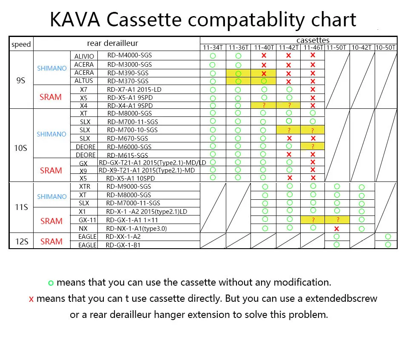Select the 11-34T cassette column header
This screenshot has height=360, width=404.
213,47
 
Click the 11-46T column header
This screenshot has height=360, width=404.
313,47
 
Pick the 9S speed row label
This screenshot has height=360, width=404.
21,80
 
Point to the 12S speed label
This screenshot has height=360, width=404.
21,241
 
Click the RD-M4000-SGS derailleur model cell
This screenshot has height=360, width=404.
129,56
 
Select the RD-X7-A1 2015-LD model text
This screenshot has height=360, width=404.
134,89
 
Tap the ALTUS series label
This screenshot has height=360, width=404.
84,81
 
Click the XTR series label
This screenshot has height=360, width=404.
85,187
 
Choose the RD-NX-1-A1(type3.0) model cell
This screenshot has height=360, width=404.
136,228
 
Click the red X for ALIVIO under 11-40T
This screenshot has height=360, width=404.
264,56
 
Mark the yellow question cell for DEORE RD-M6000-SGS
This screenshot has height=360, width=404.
313,146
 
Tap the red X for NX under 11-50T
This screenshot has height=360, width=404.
337,229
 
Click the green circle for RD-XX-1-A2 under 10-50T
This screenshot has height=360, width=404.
388,236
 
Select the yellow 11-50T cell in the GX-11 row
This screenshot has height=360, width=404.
337,220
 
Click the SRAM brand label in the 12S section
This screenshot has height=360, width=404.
51,241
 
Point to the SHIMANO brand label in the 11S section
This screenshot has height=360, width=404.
51,197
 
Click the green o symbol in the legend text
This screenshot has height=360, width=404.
51,283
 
